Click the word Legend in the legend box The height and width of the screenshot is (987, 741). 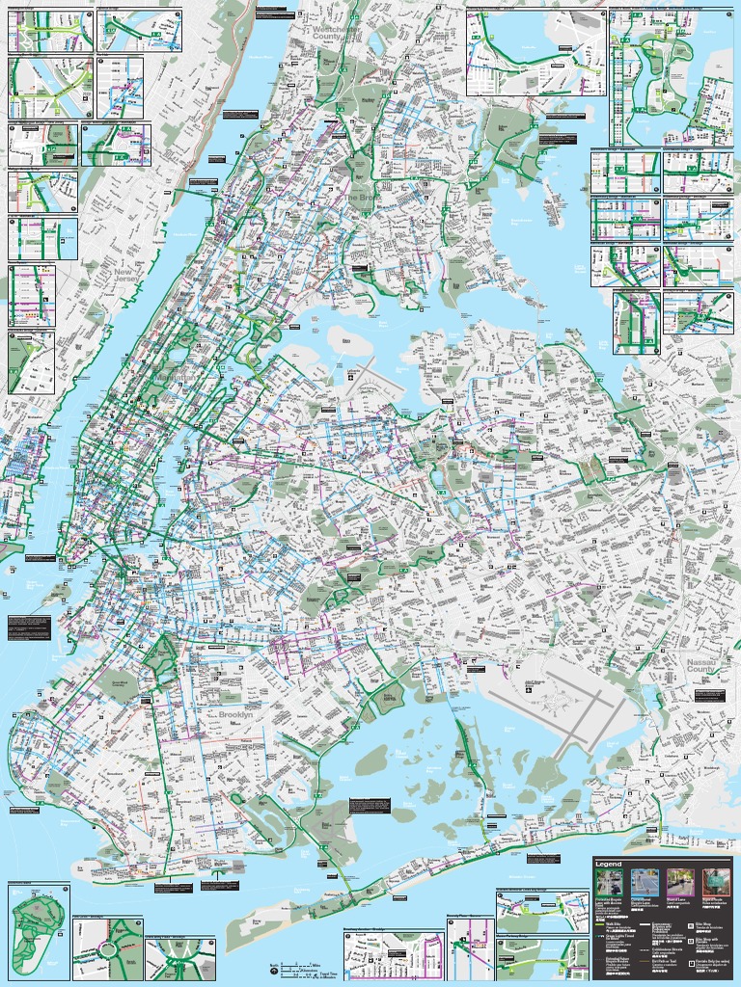(609, 863)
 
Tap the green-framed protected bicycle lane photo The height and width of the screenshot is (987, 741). (610, 882)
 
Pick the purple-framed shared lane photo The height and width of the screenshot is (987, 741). (680, 882)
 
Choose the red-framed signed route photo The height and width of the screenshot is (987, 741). (716, 882)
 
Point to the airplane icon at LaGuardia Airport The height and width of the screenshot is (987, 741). (351, 378)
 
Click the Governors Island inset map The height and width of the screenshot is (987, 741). (38, 931)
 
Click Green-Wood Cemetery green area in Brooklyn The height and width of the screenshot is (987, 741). (121, 682)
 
